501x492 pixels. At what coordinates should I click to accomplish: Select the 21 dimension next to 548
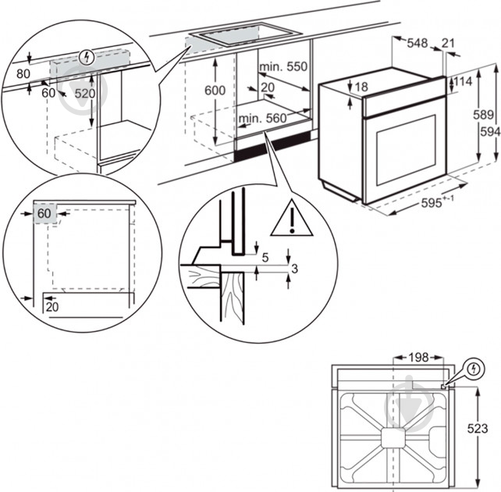(x=449, y=44)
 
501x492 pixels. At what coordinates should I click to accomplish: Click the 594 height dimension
(x=489, y=132)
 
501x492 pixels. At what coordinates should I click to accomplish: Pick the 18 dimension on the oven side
(x=361, y=87)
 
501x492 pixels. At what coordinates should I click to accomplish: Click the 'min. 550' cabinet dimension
(x=285, y=68)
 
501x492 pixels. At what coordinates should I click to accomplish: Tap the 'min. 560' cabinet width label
(x=263, y=118)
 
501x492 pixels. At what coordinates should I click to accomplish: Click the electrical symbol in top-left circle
(x=86, y=56)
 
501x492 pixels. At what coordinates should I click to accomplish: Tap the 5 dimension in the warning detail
(x=266, y=256)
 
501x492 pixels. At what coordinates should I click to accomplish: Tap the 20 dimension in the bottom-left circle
(x=52, y=307)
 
